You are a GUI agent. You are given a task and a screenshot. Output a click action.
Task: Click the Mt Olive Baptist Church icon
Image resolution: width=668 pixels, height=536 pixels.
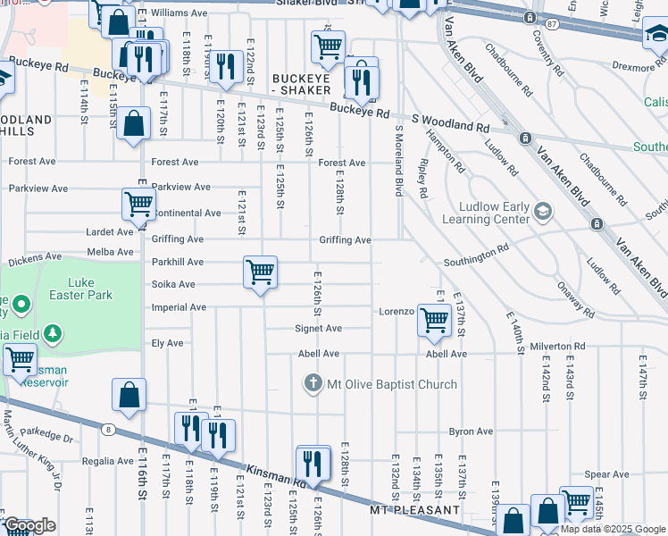[313, 384]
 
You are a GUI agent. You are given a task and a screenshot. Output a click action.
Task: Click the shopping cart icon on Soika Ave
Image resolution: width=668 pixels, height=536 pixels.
[260, 271]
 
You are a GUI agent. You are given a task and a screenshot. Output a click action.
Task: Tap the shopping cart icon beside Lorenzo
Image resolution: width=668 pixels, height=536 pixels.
[434, 319]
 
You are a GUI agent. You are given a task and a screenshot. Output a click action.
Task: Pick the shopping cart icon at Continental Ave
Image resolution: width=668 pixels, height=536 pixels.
[138, 203]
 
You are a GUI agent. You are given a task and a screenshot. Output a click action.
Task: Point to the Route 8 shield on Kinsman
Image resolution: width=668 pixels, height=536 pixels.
[107, 430]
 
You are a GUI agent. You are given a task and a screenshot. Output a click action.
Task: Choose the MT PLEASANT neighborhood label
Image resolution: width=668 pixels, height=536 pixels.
[414, 510]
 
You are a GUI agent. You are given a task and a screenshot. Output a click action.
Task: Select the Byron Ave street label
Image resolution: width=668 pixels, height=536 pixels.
[471, 431]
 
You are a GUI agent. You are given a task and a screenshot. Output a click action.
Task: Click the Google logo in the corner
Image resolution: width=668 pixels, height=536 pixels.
[29, 525]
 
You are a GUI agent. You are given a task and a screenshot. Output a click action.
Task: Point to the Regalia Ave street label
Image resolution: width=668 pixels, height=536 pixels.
[106, 461]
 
